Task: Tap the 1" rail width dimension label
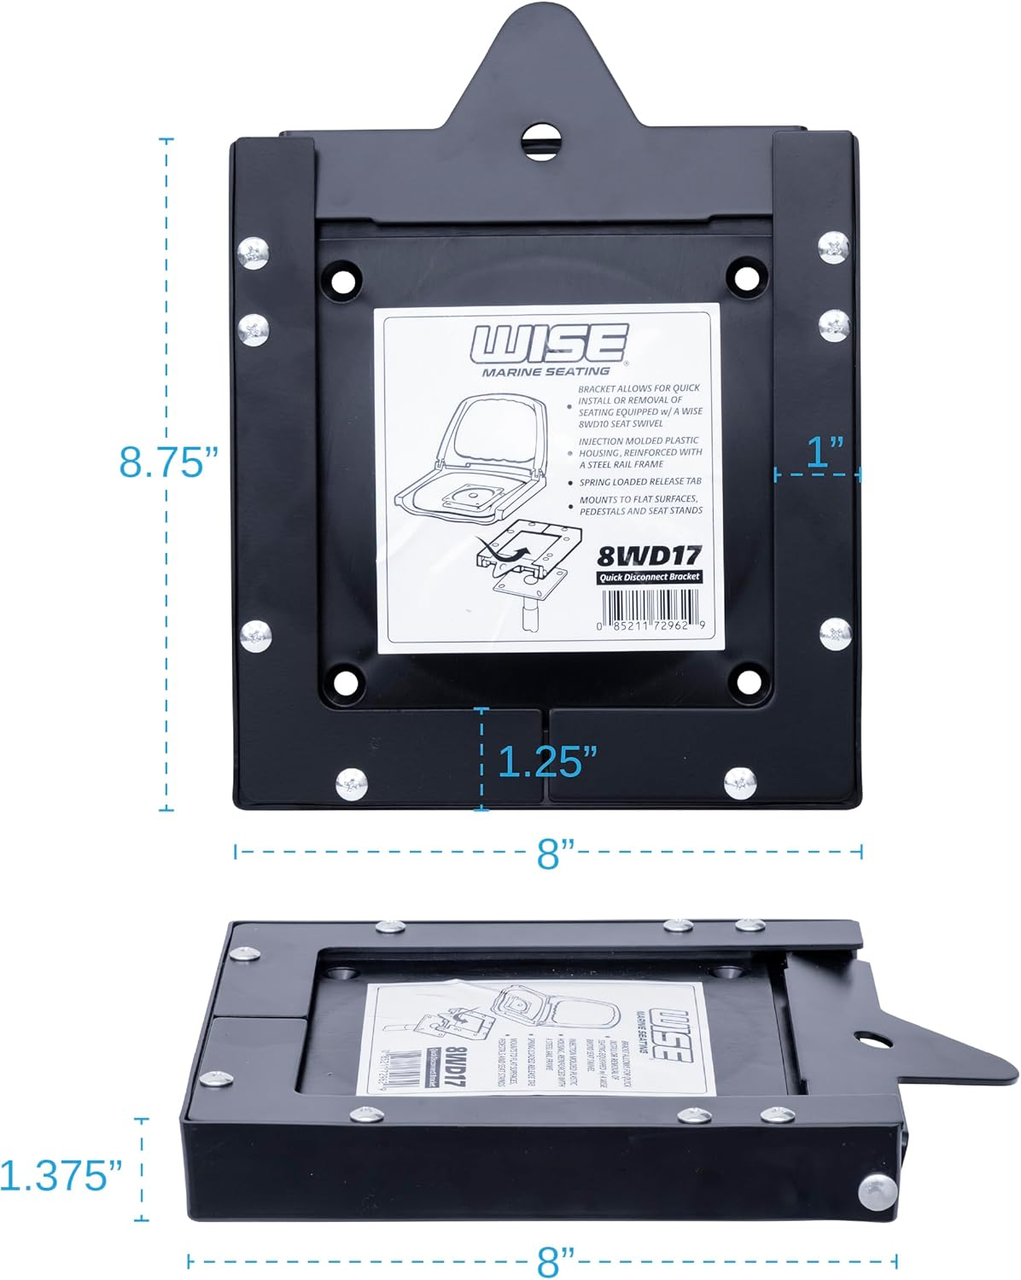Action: point(825,450)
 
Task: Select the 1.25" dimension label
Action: point(546,760)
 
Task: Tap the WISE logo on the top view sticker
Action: point(551,344)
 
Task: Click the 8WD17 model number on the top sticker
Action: point(648,556)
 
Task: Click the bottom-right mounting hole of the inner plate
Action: point(749,680)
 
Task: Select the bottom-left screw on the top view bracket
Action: point(352,783)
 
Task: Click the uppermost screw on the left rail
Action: point(254,253)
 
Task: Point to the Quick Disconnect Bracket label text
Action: point(649,578)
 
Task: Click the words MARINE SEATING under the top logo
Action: point(546,371)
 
